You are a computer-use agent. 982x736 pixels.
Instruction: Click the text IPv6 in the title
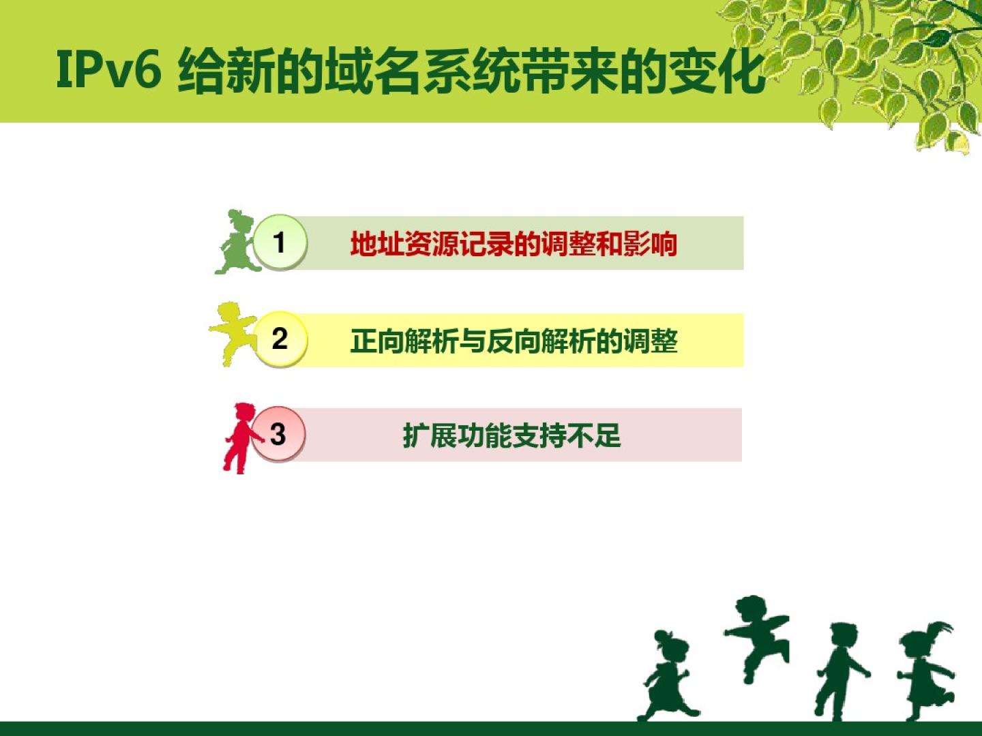[x=108, y=70]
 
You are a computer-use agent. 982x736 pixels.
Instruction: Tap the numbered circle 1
[x=280, y=242]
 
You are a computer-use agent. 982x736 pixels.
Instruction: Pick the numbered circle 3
[x=278, y=433]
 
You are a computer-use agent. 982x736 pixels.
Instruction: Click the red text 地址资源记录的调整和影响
[x=514, y=244]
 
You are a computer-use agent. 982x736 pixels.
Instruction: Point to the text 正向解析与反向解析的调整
[x=514, y=341]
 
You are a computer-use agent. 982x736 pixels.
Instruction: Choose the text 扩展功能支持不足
[x=512, y=435]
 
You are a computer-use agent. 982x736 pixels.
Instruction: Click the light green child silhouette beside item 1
[x=237, y=242]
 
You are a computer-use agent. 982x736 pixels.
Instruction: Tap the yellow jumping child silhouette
[x=233, y=333]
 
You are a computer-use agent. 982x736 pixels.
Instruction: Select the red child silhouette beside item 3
[x=241, y=438]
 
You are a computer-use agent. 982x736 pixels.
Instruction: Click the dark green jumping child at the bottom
[x=757, y=639]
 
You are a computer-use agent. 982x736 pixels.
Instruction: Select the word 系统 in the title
[x=471, y=72]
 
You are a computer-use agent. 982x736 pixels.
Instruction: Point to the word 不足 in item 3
[x=595, y=435]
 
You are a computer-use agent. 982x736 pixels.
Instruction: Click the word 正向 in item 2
[x=377, y=341]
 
